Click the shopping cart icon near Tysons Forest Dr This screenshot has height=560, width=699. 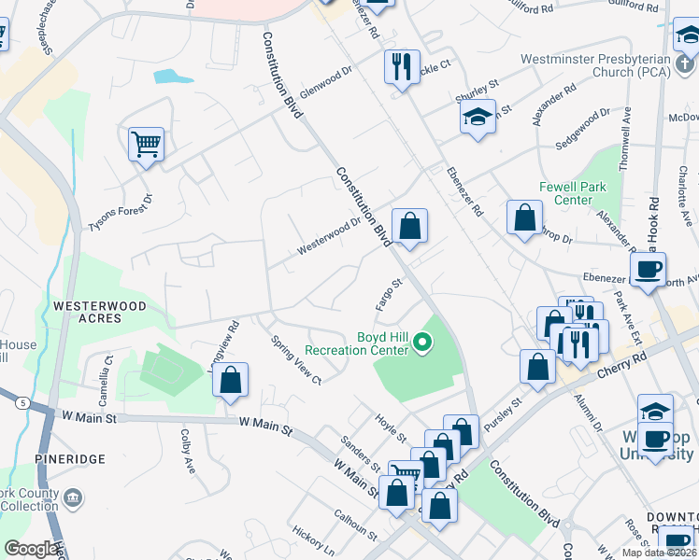(147, 144)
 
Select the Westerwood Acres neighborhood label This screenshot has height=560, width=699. (100, 312)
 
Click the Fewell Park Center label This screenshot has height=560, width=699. (573, 193)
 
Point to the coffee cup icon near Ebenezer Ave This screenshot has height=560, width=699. (648, 270)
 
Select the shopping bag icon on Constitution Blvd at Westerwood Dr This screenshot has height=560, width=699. (409, 225)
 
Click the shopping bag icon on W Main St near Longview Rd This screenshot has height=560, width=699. (230, 379)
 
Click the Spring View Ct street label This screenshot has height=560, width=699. (294, 362)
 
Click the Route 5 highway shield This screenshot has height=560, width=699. (21, 402)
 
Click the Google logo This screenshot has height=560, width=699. (31, 549)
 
